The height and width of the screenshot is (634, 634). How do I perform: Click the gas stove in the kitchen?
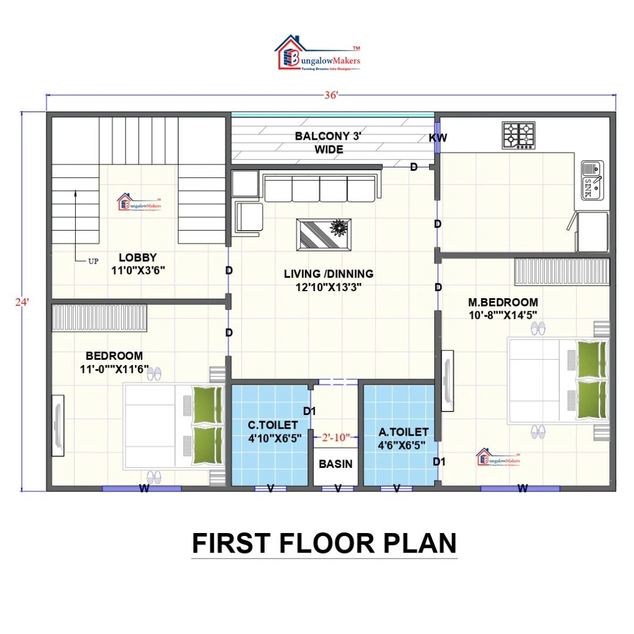point(518,135)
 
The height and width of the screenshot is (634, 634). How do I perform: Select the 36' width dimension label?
point(331,96)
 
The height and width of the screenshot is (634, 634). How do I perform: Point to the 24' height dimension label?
point(22,302)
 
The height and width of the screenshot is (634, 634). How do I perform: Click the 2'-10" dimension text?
point(336,437)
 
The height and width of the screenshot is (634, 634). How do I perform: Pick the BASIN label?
point(336,464)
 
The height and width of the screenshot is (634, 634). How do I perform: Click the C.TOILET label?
point(272,424)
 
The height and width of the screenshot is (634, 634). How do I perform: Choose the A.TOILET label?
point(403,432)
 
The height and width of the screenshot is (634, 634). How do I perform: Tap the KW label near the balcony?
point(438,139)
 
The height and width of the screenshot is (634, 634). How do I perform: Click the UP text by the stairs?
point(93,262)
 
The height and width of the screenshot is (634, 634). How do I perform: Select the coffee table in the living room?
point(324,234)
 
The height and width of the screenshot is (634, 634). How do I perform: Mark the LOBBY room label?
point(137,257)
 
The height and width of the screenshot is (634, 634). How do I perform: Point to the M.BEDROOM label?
point(503,302)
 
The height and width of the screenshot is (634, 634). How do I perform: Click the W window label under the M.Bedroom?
point(522,487)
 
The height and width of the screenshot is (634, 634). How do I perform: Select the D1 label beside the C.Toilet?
point(310,412)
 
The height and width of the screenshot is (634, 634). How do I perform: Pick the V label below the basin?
point(338,488)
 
